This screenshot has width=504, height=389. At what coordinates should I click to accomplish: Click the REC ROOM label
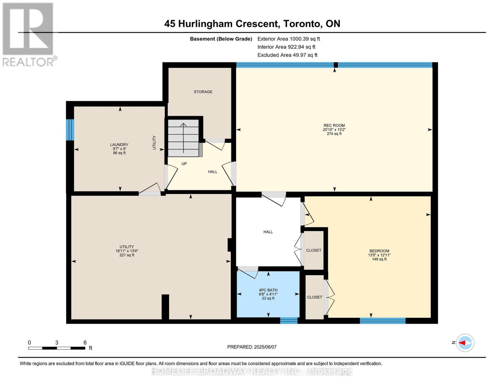[x=334, y=125]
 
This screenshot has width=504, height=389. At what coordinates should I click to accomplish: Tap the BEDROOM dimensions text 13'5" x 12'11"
[x=379, y=255]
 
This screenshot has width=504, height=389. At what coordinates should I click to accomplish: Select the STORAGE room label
[x=203, y=92]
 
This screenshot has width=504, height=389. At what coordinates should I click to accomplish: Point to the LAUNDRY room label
[x=119, y=145]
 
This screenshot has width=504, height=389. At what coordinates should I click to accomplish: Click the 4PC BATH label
[x=268, y=290]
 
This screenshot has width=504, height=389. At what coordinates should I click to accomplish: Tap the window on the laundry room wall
[x=70, y=130]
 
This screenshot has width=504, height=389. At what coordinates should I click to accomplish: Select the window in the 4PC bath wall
[x=289, y=321]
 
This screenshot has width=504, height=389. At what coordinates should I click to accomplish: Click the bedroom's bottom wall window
[x=382, y=321]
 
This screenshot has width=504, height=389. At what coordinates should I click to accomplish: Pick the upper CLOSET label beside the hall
[x=313, y=250]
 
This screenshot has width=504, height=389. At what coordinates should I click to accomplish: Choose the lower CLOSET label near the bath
[x=314, y=297]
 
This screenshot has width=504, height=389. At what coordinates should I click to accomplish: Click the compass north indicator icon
[x=465, y=343]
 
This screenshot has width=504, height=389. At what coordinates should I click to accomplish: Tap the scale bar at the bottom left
[x=57, y=348]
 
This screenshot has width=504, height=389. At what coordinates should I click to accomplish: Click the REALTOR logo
[x=29, y=34]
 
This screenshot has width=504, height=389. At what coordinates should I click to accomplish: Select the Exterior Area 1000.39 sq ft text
[x=289, y=39]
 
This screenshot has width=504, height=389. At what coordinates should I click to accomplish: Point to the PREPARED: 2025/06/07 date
[x=252, y=347]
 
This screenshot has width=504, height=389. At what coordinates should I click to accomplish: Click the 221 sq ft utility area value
[x=127, y=255]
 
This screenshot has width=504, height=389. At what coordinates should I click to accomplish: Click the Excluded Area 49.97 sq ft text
[x=287, y=55]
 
